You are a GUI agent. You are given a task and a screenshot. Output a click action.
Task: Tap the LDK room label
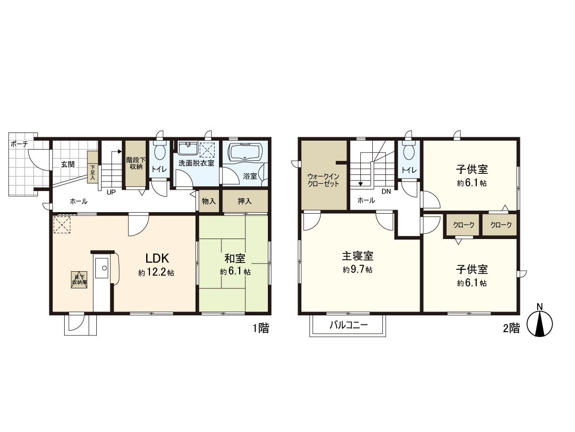coord(156,257)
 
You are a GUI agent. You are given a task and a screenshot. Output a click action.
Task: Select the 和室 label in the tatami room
coord(235,259)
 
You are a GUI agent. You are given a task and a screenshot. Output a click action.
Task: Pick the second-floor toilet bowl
coord(408,151)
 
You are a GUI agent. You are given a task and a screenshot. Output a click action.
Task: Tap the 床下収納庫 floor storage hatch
coord(79,279)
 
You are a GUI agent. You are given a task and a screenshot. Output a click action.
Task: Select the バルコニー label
coord(348,325)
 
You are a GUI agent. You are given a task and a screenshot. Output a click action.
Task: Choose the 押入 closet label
coord(244,202)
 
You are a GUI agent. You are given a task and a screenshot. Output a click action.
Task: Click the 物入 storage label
coord(208,202)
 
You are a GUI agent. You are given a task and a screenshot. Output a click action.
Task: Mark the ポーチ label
coord(19,144)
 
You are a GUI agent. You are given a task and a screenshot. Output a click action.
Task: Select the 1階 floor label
coord(261,328)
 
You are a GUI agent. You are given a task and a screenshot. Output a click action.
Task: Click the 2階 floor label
coord(511,328)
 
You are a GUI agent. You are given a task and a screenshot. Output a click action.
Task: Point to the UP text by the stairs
coord(111,192)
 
